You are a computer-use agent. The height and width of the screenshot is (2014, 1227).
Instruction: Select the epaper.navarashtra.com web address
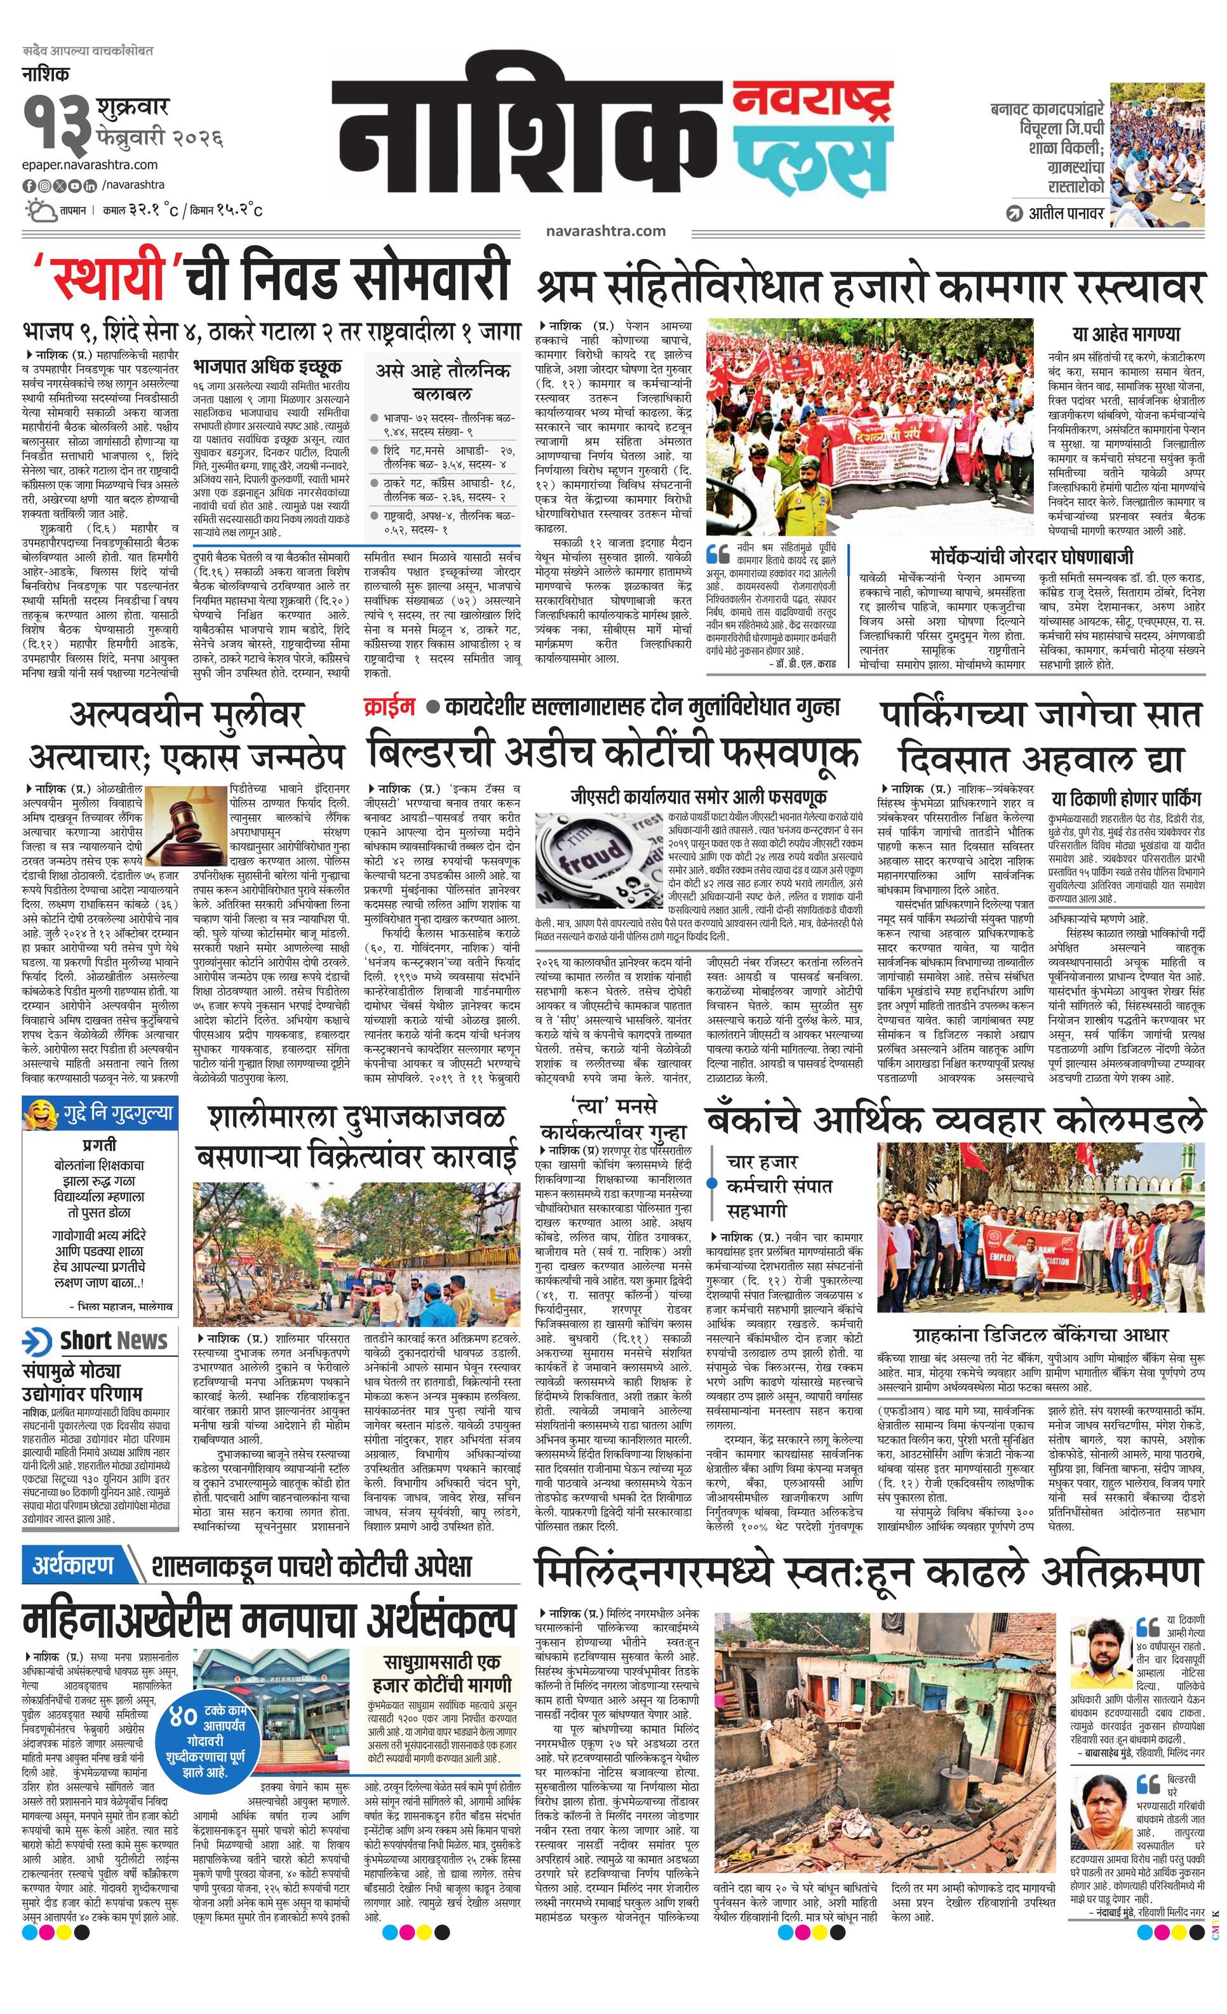tap(90, 165)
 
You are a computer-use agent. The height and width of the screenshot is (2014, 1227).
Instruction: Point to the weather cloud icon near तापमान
tap(38, 210)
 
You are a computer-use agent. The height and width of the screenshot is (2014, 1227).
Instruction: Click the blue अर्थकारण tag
tap(73, 1564)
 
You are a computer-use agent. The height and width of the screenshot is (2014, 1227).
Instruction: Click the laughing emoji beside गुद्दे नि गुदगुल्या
tap(38, 1112)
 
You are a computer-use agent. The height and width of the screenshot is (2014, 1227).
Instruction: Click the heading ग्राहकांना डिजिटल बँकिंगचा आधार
tap(1040, 1335)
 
